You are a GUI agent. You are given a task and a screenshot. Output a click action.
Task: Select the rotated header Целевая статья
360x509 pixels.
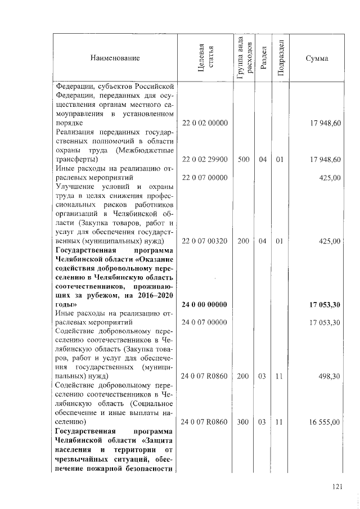click(x=205, y=58)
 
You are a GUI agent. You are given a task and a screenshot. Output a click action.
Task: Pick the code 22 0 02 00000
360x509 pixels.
click(x=204, y=123)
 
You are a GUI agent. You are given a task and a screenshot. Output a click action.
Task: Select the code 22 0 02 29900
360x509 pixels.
click(x=204, y=160)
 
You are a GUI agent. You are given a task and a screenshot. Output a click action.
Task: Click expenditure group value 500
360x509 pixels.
click(x=244, y=160)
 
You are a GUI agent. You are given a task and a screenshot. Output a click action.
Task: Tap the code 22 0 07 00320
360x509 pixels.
click(x=204, y=241)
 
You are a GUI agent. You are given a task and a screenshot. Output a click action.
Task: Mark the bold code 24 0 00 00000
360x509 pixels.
click(x=204, y=305)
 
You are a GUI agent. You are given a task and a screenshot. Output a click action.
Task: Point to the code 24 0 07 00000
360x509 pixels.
click(x=204, y=323)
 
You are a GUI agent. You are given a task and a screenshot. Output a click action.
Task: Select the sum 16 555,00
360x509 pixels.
click(x=325, y=421)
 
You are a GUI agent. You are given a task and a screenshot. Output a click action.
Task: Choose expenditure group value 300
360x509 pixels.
click(x=244, y=421)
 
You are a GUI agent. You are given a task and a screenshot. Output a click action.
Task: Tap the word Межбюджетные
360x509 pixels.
click(x=147, y=151)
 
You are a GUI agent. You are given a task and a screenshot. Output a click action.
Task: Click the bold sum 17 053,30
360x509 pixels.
click(x=325, y=305)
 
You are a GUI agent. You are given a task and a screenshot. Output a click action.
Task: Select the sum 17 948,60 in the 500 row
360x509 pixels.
click(x=325, y=160)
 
